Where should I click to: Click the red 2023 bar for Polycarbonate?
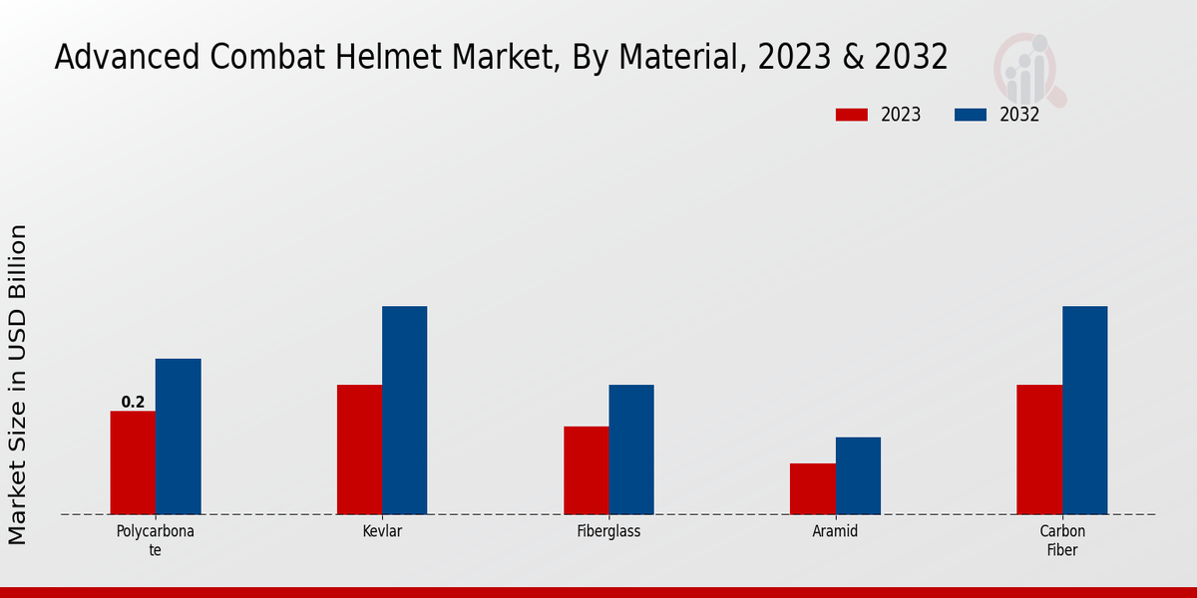point(133,462)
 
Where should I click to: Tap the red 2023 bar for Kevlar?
point(359,449)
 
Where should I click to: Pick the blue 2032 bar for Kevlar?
point(404,411)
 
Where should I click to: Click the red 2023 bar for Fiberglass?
point(586,470)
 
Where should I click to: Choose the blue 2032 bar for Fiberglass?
point(631,449)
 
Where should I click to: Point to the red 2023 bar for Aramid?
point(813,488)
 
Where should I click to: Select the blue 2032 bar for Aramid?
point(858,475)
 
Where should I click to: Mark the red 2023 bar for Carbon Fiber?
point(1039,449)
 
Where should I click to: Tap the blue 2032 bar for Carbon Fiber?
point(1084,411)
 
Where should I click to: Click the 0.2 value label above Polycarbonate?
point(133,403)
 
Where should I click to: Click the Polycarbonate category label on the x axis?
point(155,540)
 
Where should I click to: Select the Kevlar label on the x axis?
point(382,531)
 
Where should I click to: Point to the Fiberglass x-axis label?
point(608,531)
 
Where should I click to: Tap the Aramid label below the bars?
point(835,531)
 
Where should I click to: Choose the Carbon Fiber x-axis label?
point(1062,540)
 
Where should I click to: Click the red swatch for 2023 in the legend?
point(852,115)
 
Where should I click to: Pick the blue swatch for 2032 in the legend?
point(971,115)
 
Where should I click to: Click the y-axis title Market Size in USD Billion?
point(18,385)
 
